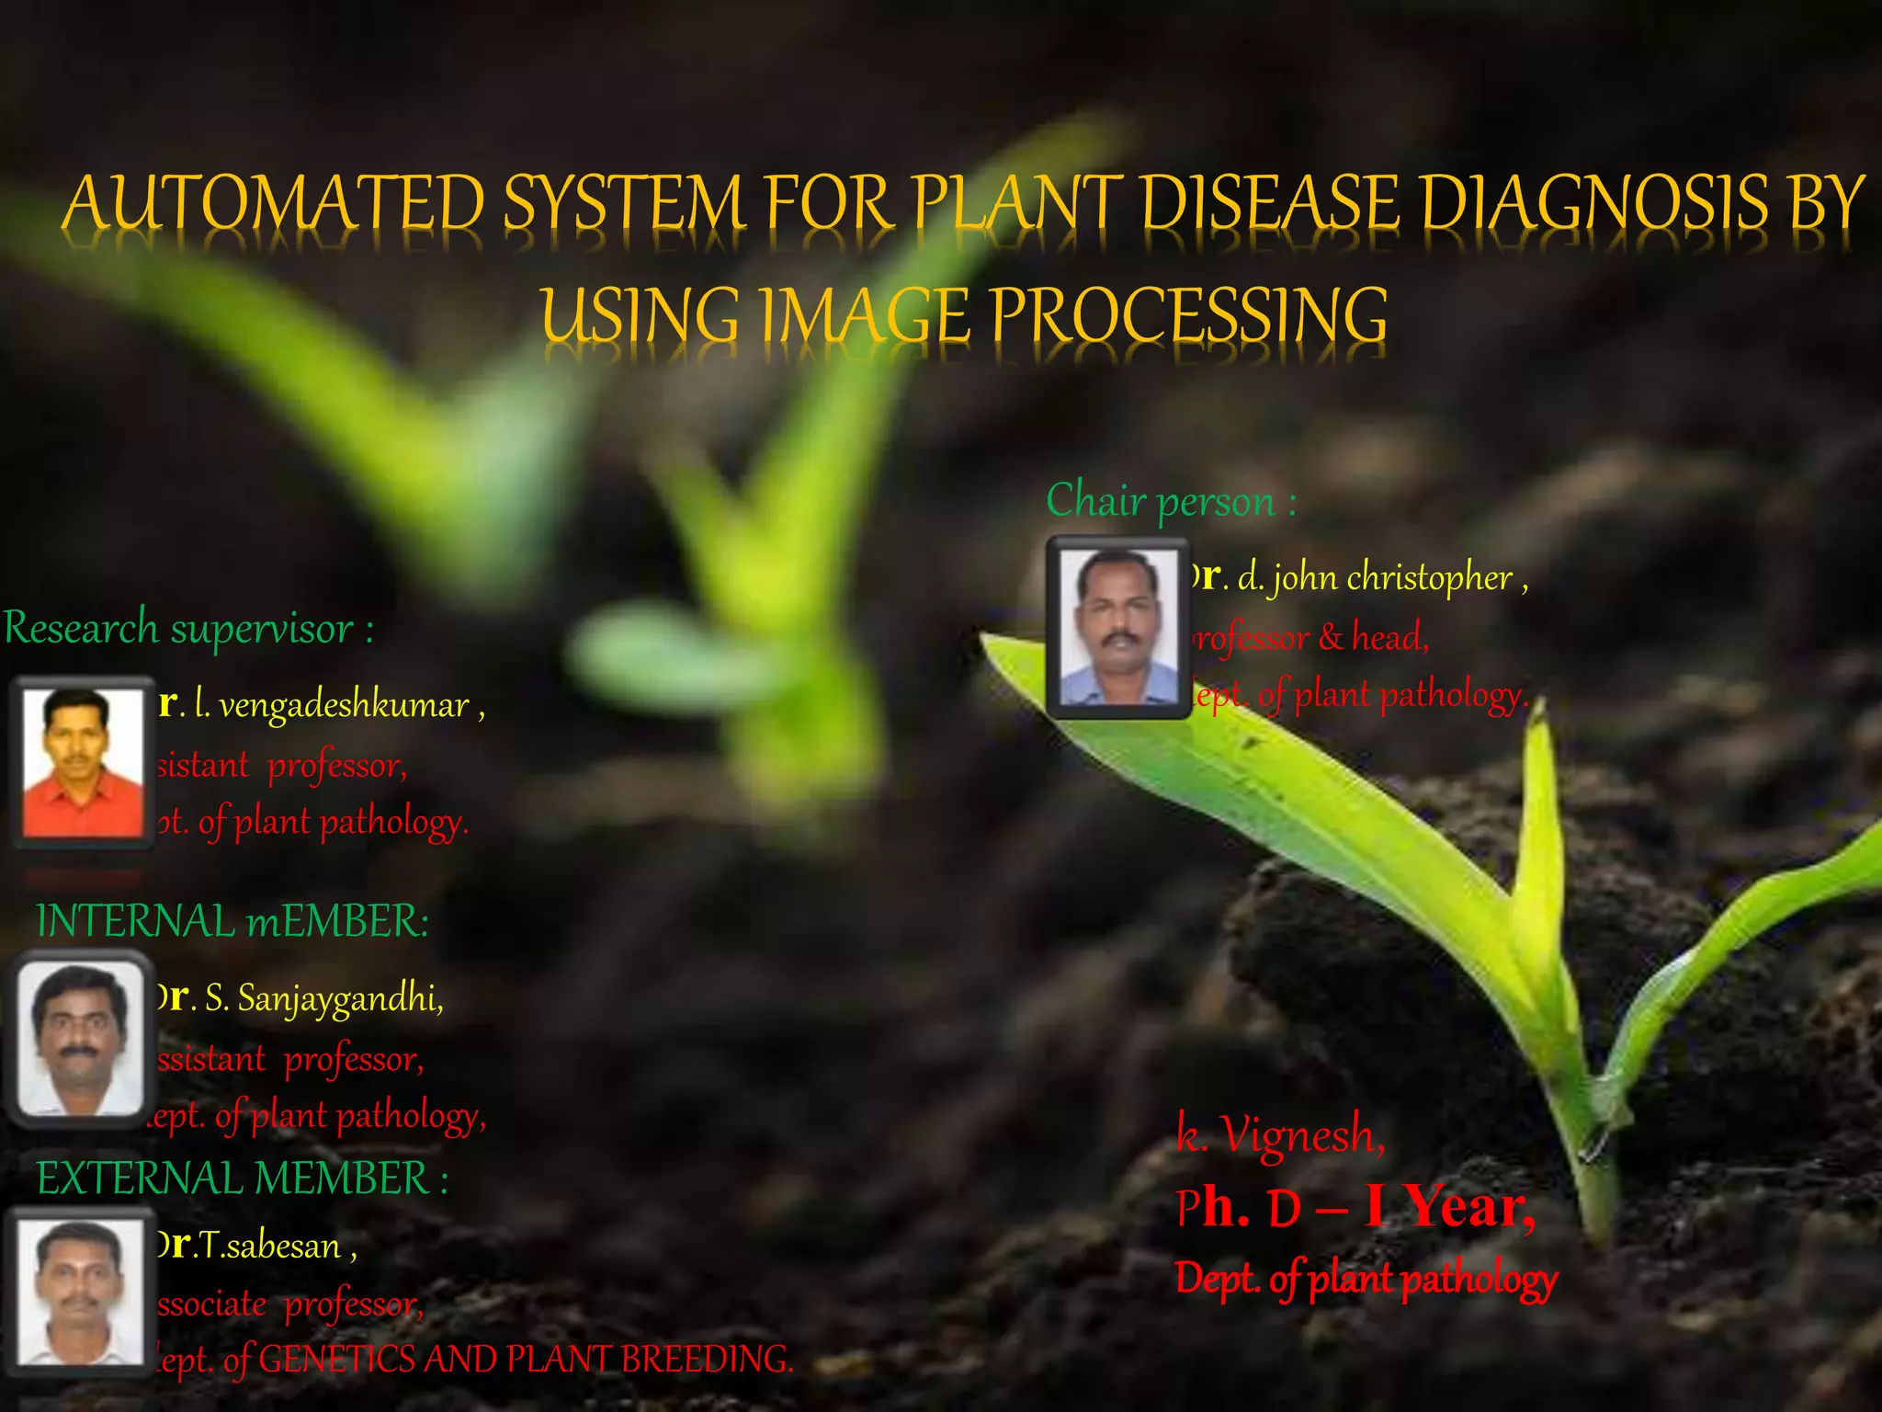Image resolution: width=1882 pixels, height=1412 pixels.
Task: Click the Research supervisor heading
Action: [x=188, y=629]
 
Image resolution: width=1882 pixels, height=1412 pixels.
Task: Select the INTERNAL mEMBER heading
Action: [x=232, y=921]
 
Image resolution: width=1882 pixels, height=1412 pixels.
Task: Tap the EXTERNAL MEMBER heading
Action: [x=242, y=1179]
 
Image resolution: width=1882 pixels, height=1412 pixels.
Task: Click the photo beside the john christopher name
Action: [x=1117, y=627]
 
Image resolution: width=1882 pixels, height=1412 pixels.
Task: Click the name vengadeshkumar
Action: [x=344, y=706]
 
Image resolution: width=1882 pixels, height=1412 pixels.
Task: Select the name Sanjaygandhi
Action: [x=339, y=998]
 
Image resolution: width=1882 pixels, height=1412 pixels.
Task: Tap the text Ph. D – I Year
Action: [x=1355, y=1208]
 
